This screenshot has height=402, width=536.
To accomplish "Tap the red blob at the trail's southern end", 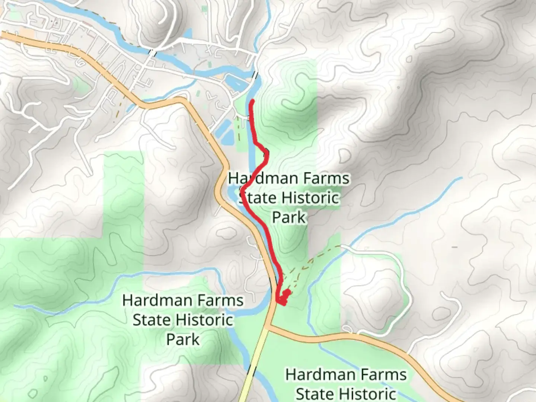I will pyautogui.click(x=283, y=298).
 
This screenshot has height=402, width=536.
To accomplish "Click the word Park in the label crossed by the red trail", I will pyautogui.click(x=288, y=217).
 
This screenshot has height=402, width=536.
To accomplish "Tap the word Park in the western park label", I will pyautogui.click(x=183, y=339).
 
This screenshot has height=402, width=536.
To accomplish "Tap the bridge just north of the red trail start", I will pyautogui.click(x=255, y=75).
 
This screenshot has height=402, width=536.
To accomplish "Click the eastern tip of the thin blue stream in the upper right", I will pyautogui.click(x=462, y=178).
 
